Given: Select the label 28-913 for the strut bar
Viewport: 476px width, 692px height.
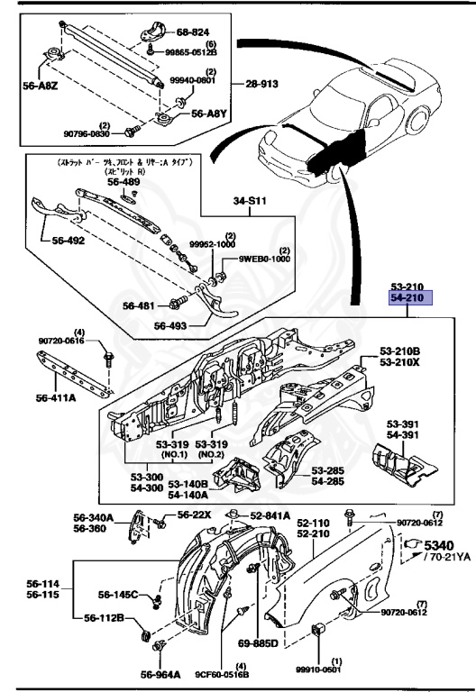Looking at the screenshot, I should click(x=264, y=84).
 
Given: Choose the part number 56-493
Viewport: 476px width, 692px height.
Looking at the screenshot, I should click(x=173, y=326).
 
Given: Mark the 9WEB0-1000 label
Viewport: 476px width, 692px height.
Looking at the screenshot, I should click(x=265, y=259).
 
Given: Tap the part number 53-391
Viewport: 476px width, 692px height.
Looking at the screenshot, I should click(x=405, y=423).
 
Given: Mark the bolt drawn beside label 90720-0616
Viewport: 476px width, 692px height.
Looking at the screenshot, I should click(x=105, y=358).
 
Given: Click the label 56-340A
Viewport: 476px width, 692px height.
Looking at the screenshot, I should click(x=94, y=517).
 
